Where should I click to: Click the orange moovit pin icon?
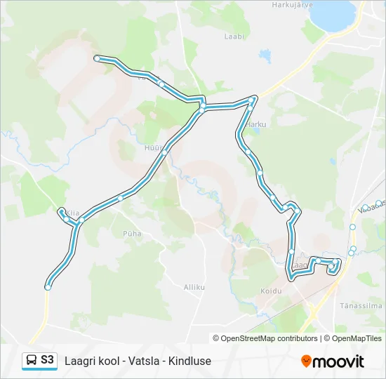click(306, 361)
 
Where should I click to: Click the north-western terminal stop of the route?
click(97, 58)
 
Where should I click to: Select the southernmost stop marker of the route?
click(48, 286)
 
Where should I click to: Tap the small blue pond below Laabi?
click(265, 53)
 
